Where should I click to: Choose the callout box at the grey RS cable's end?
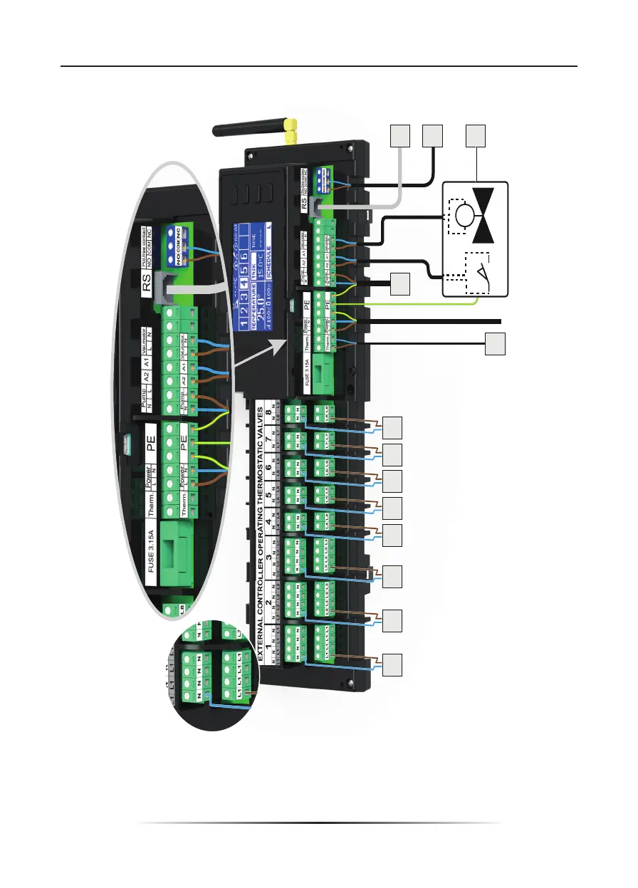[x=401, y=137]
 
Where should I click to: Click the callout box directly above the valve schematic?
[x=476, y=137]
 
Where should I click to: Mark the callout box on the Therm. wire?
[x=496, y=344]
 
